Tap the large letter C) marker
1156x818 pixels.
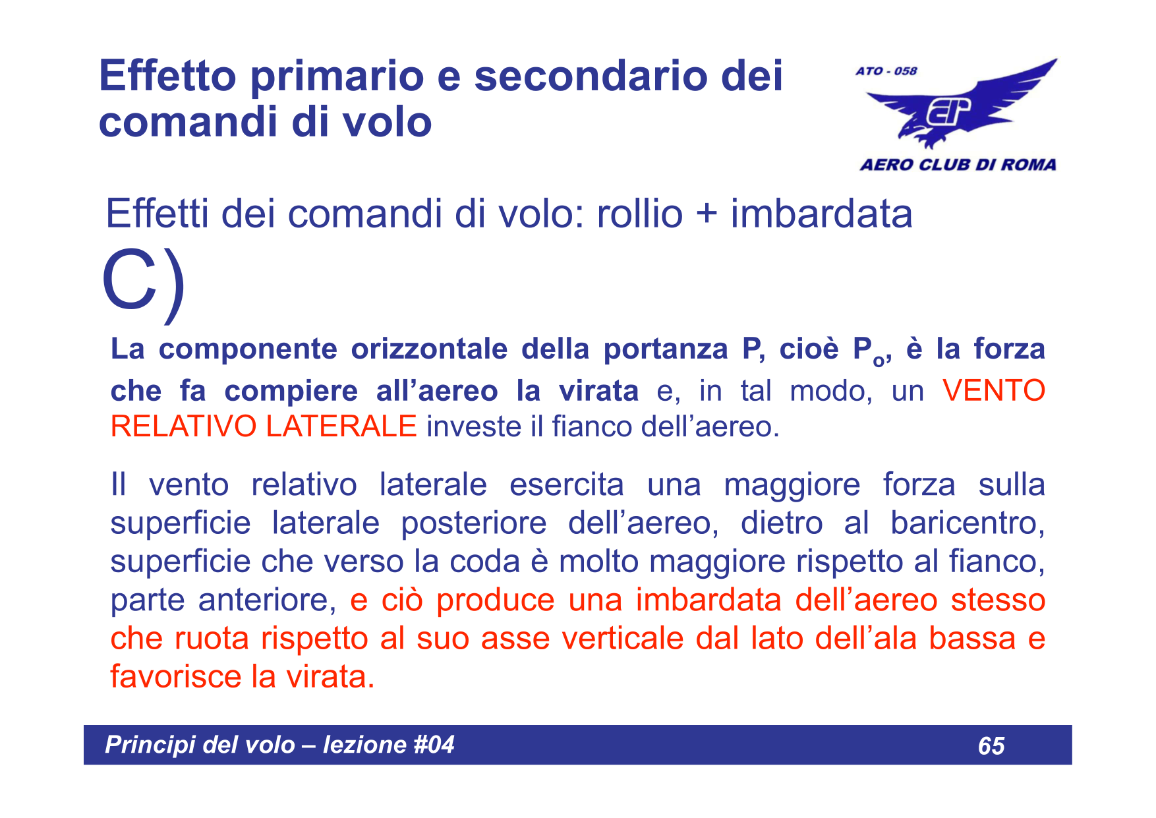[x=144, y=281]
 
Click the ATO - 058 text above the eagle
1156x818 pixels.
[x=886, y=71]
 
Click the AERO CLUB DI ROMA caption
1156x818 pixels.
[x=958, y=165]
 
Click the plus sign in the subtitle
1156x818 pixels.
[x=706, y=215]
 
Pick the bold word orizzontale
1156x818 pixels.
[x=429, y=349]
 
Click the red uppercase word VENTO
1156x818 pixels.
[x=994, y=390]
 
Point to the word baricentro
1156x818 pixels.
[x=966, y=523]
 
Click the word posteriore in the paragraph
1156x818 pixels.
[x=473, y=523]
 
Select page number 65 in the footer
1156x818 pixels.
[x=991, y=745]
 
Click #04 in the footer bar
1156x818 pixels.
[x=434, y=745]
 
